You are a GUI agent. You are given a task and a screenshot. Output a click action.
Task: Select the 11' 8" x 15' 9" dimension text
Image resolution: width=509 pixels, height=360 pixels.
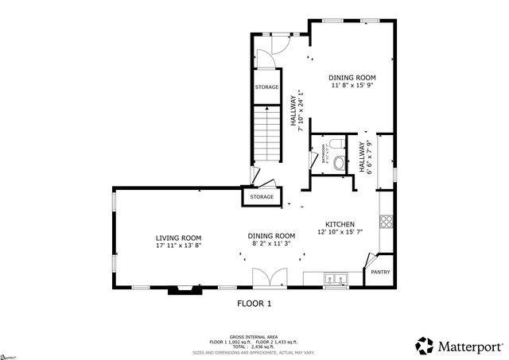(x=353, y=86)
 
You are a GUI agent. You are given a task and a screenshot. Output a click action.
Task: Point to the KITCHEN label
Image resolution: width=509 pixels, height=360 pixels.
(x=340, y=224)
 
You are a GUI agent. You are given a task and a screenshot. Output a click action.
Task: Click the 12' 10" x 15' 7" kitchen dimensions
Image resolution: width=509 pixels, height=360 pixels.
(x=340, y=233)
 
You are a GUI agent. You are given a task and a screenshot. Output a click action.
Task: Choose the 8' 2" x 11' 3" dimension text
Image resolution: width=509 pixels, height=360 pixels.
(x=271, y=245)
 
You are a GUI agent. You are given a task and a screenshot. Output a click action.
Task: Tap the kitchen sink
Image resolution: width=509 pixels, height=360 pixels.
(x=336, y=279)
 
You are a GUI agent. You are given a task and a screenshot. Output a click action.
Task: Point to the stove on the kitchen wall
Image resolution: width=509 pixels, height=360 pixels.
(x=387, y=223)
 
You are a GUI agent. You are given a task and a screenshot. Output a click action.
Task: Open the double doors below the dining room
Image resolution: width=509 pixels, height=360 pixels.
(x=266, y=278)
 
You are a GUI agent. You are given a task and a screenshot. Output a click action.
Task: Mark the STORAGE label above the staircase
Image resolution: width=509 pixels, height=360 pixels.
(x=266, y=87)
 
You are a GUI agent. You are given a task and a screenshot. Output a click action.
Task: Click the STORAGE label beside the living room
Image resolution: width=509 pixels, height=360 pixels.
(x=262, y=196)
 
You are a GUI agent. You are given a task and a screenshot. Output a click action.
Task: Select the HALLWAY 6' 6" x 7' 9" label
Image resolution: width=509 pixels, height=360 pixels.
(x=364, y=157)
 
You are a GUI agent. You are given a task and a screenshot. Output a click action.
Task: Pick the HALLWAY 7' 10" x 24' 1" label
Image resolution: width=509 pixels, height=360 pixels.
(x=297, y=114)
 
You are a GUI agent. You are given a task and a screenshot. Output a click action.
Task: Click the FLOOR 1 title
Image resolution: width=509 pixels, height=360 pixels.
(x=254, y=304)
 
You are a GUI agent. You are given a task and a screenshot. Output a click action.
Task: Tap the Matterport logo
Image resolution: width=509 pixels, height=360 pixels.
(x=459, y=346)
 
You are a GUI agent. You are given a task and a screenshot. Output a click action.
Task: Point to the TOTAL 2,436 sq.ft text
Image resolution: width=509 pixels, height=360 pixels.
(x=254, y=346)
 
